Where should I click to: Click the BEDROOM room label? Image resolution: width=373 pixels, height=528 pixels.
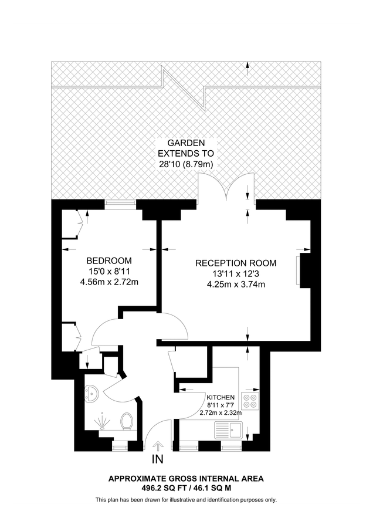coord(109,260)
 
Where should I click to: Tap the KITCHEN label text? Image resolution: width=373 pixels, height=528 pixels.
coord(221,397)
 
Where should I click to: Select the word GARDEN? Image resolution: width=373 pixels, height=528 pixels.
coord(186,143)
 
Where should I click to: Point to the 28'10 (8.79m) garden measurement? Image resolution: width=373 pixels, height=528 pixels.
coord(186,165)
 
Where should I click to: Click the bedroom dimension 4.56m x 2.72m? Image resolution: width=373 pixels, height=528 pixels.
coord(109,282)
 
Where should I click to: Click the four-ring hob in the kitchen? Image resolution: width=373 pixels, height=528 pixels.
coord(250,399)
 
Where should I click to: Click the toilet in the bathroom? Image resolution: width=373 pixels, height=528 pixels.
coord(126,421)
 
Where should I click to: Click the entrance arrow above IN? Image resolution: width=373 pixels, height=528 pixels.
coord(158,447)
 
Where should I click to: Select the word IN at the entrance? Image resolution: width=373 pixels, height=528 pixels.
coord(158,459)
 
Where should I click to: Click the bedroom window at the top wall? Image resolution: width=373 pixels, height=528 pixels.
coord(120,204)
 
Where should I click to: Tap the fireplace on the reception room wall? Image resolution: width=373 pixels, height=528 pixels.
coord(303,270)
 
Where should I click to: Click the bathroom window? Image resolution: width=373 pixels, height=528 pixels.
coord(120,446)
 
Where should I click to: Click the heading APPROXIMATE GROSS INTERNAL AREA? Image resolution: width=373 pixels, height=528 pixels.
coord(186,479)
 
